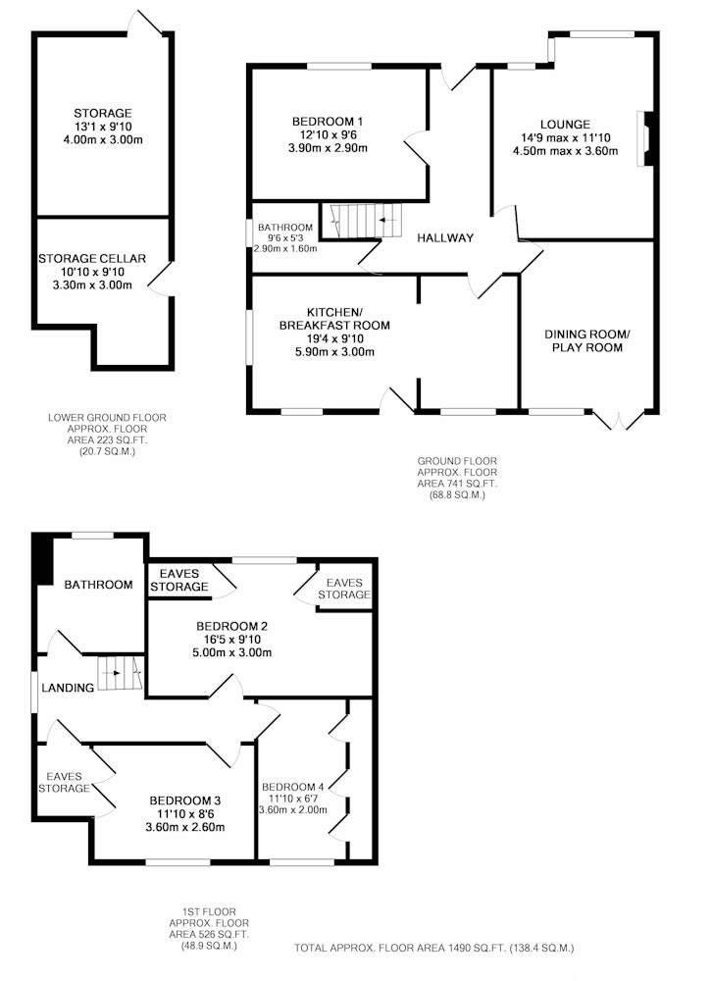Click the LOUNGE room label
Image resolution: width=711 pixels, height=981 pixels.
point(565,125)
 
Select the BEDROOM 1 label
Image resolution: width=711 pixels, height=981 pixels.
point(327,122)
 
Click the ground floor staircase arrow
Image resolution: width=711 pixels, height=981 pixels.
point(387,220)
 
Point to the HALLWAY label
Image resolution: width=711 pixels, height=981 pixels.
point(445,237)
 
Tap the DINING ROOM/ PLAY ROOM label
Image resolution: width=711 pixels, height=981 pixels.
point(587,341)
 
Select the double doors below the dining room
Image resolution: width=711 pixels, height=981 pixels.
point(619,421)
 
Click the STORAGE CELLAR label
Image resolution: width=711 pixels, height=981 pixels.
point(92,258)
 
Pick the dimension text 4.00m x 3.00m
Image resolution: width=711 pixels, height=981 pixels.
point(103,140)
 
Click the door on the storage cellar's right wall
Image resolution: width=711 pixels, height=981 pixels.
point(160,279)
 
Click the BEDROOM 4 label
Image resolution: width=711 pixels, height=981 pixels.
point(292,787)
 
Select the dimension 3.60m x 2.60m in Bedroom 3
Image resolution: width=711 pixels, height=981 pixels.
point(185,827)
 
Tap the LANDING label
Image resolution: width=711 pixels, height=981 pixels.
point(68,688)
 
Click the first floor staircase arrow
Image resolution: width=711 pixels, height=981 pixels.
point(114,673)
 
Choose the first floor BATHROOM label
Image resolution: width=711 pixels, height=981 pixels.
point(98,585)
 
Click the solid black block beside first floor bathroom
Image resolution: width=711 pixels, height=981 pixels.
point(43,558)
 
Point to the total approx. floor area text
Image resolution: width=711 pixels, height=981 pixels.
point(434,948)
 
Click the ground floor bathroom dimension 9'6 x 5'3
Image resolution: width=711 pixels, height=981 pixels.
point(285,237)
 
